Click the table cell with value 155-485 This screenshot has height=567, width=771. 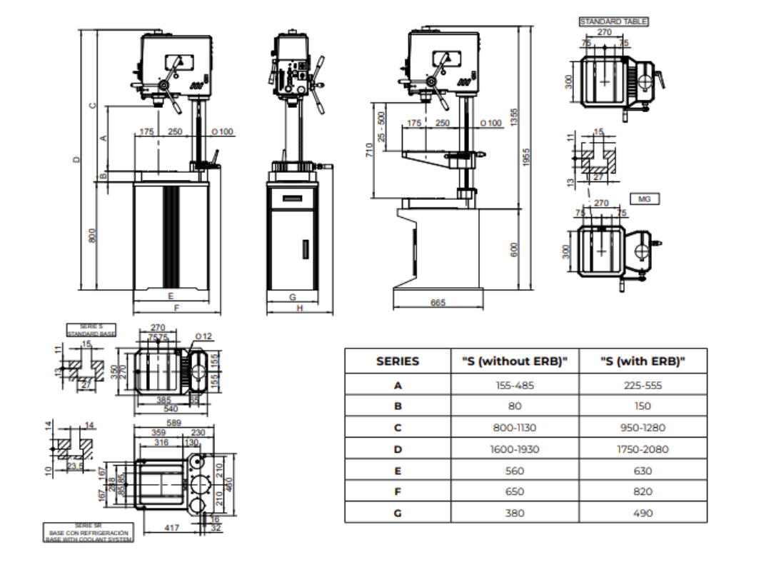click(x=514, y=385)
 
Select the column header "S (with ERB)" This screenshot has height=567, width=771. click(x=642, y=361)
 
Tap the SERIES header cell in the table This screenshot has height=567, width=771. click(x=398, y=361)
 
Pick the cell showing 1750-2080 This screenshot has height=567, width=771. click(x=642, y=449)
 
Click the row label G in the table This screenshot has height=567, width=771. click(x=398, y=513)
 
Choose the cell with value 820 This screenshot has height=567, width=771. click(x=642, y=491)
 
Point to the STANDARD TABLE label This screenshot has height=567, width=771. click(x=613, y=22)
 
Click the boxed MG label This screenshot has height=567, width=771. click(x=644, y=199)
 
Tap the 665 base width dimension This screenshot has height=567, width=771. click(x=438, y=303)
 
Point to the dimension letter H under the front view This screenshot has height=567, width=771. click(x=300, y=308)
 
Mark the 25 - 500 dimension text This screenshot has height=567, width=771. click(x=381, y=126)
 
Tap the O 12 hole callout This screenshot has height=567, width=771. click(x=203, y=336)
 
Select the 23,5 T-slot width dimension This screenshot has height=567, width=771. click(x=74, y=466)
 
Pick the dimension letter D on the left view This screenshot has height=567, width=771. click(x=76, y=160)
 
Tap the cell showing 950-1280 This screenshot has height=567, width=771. click(x=642, y=428)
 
